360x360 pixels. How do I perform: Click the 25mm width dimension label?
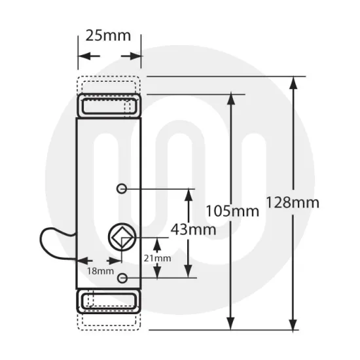coord(109,35)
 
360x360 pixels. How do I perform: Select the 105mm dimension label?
coord(232,211)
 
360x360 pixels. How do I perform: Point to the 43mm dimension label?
coord(190,230)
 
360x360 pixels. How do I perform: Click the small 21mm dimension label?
coord(157,258)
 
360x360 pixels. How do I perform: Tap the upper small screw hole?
coord(121,189)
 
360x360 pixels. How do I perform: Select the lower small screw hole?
coord(122,279)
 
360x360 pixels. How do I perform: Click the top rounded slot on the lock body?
coord(109,105)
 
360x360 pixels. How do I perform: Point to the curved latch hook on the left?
coord(55,241)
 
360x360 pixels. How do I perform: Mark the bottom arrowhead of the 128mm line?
coord(294,323)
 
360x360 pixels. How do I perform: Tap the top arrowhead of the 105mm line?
coord(230,99)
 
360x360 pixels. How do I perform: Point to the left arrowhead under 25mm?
coord(84,56)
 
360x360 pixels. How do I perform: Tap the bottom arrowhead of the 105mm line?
coord(230,323)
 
